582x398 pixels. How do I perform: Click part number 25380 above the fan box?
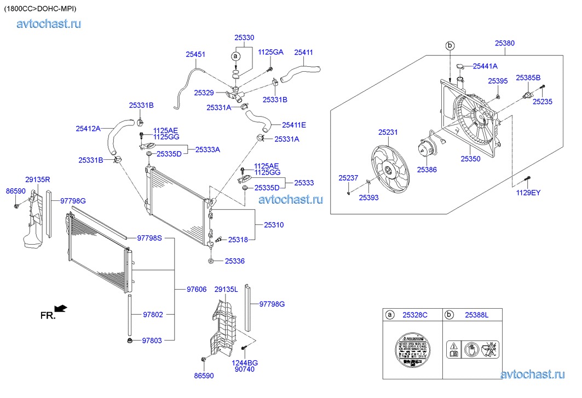point(504,43)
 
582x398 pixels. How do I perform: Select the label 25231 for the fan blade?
point(388,132)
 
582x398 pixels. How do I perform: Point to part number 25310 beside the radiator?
point(274,225)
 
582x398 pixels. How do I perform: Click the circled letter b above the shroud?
point(450,45)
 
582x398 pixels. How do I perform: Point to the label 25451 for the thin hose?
point(195,54)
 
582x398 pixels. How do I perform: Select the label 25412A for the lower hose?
point(88,129)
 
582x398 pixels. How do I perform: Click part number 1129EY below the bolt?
point(528,193)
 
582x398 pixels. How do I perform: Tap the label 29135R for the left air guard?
point(38,179)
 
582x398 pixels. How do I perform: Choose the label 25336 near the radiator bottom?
point(234,261)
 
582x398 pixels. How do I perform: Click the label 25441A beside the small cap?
point(485,66)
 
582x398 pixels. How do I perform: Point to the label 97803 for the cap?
point(152,341)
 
